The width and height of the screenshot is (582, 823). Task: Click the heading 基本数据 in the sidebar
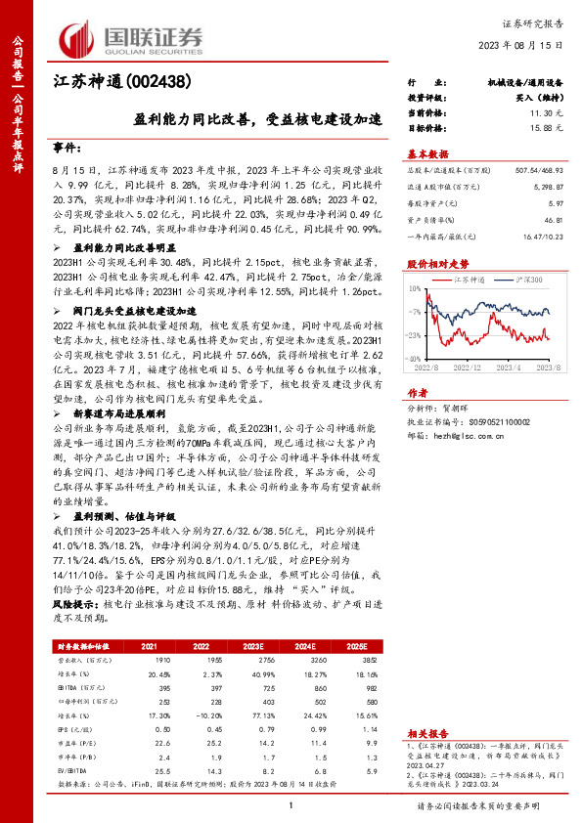[x=426, y=155]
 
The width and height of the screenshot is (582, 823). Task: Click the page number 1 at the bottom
[x=291, y=803]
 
